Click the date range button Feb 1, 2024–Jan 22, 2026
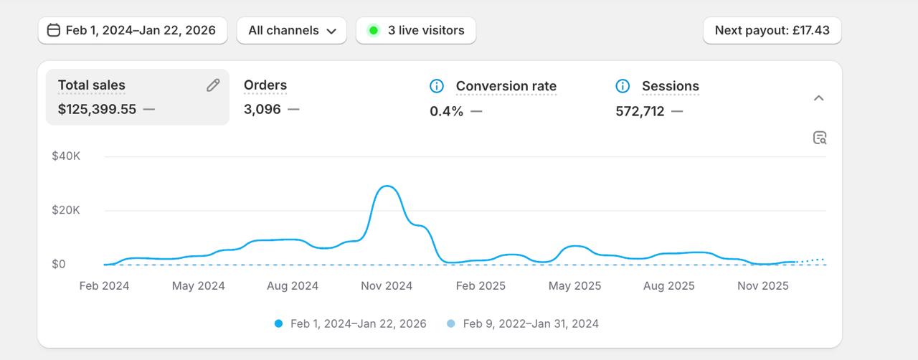pos(133,30)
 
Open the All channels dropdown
pos(291,30)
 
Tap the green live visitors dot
pos(373,30)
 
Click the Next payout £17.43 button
pos(772,30)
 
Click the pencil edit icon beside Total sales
pos(213,85)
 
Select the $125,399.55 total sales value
pos(97,109)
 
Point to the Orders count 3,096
pos(262,109)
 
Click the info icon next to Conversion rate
pos(437,86)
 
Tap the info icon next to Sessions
pos(623,86)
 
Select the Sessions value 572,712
pos(640,111)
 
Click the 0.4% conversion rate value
pos(446,111)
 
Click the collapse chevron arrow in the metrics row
pos(818,98)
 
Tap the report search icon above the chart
pos(820,138)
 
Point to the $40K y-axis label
pos(66,156)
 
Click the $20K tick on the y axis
pos(66,210)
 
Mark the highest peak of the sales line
pos(387,186)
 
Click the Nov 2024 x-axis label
pos(387,286)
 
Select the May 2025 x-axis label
pos(574,286)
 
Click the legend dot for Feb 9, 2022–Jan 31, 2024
pos(451,323)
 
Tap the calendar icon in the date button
pos(54,30)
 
